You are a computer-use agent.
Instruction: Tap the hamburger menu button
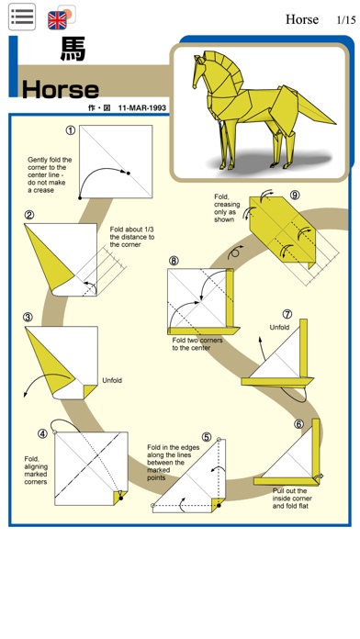pos(22,17)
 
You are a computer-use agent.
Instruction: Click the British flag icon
pos(57,20)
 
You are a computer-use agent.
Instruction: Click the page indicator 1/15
pos(346,20)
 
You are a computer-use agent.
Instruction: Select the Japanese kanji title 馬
pos(73,50)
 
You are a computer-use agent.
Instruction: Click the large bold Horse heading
pos(61,90)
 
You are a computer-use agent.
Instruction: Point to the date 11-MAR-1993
pos(142,108)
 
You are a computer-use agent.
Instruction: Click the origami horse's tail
pos(317,109)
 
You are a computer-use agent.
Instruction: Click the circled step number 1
pos(71,130)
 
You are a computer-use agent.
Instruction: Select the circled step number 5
pos(207,437)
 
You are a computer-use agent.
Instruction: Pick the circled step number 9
pos(295,196)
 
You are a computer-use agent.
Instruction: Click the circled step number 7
pos(287,314)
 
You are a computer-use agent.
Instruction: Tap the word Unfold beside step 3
pos(112,381)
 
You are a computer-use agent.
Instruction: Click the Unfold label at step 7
pos(279,327)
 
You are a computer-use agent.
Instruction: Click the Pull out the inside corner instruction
pos(292,499)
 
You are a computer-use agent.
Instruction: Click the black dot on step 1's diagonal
pos(128,174)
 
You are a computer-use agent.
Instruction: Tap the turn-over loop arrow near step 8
pos(236,252)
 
